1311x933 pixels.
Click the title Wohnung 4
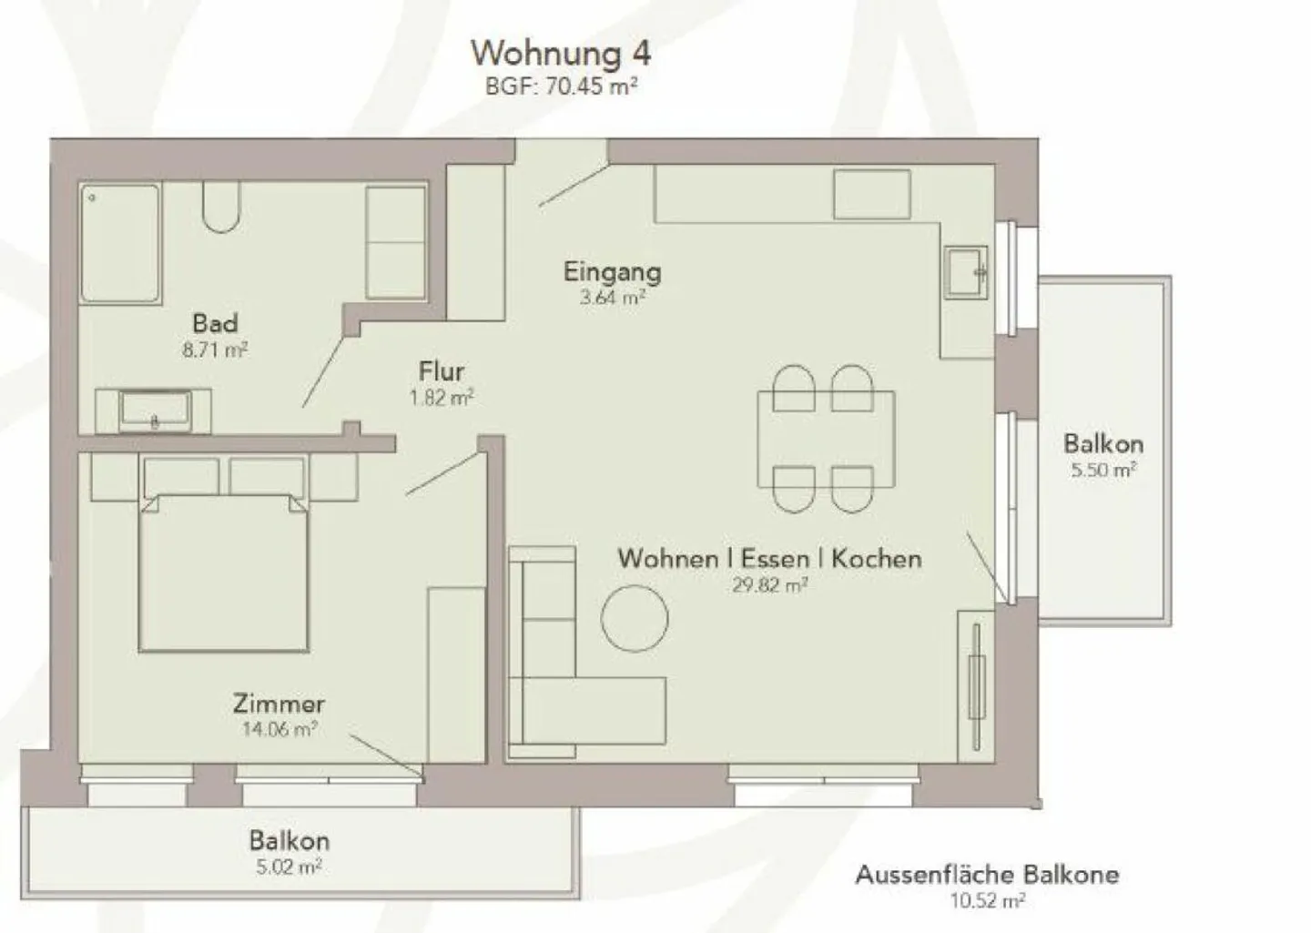tap(560, 53)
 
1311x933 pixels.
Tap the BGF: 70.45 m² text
tap(560, 87)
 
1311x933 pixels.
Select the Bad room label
tap(215, 323)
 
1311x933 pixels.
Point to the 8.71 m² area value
tap(215, 350)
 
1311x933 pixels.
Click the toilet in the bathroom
tap(221, 208)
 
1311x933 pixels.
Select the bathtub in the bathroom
tap(120, 243)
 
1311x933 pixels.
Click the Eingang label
tap(612, 271)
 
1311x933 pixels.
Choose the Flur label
tap(442, 371)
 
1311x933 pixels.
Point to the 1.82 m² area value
tap(442, 397)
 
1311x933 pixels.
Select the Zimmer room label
tap(279, 704)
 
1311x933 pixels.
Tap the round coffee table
tap(635, 617)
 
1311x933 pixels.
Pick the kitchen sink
tap(965, 271)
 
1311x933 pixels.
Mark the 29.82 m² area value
tap(769, 585)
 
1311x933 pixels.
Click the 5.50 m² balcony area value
tap(1103, 471)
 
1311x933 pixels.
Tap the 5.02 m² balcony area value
tap(289, 867)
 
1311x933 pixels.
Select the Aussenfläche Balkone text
tap(987, 876)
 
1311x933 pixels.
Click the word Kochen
tap(876, 558)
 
